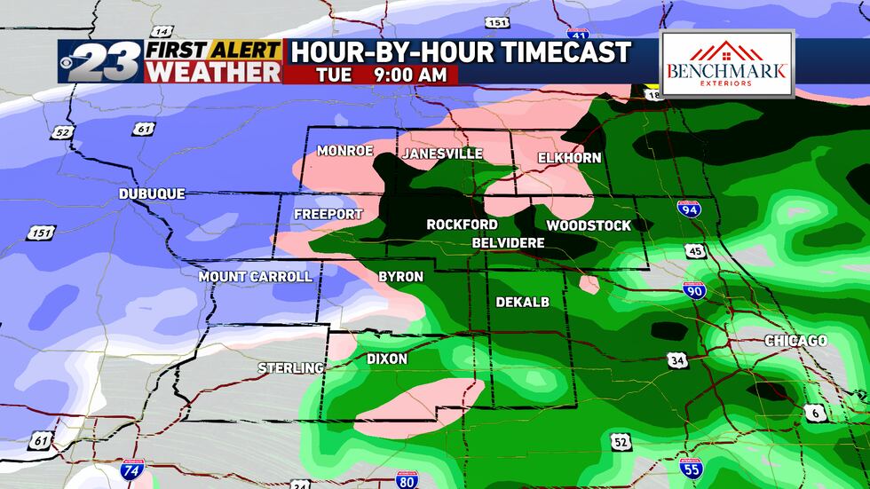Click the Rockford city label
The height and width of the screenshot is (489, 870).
click(462, 225)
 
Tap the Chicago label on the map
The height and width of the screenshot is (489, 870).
click(795, 341)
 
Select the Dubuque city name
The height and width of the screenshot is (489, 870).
click(153, 193)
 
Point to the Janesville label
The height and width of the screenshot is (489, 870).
click(442, 154)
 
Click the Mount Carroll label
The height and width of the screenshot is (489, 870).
click(255, 276)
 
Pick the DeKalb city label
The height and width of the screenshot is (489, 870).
click(522, 302)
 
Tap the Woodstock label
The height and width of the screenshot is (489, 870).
click(589, 225)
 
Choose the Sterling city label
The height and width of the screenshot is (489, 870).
click(290, 367)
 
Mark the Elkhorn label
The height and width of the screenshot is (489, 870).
click(569, 158)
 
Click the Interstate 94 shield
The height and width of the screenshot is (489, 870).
click(688, 209)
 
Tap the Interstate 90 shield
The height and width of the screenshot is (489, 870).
click(694, 289)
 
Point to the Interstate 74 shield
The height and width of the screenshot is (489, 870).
click(130, 470)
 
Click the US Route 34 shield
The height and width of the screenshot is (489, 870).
click(677, 359)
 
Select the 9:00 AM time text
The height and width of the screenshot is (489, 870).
click(407, 75)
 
